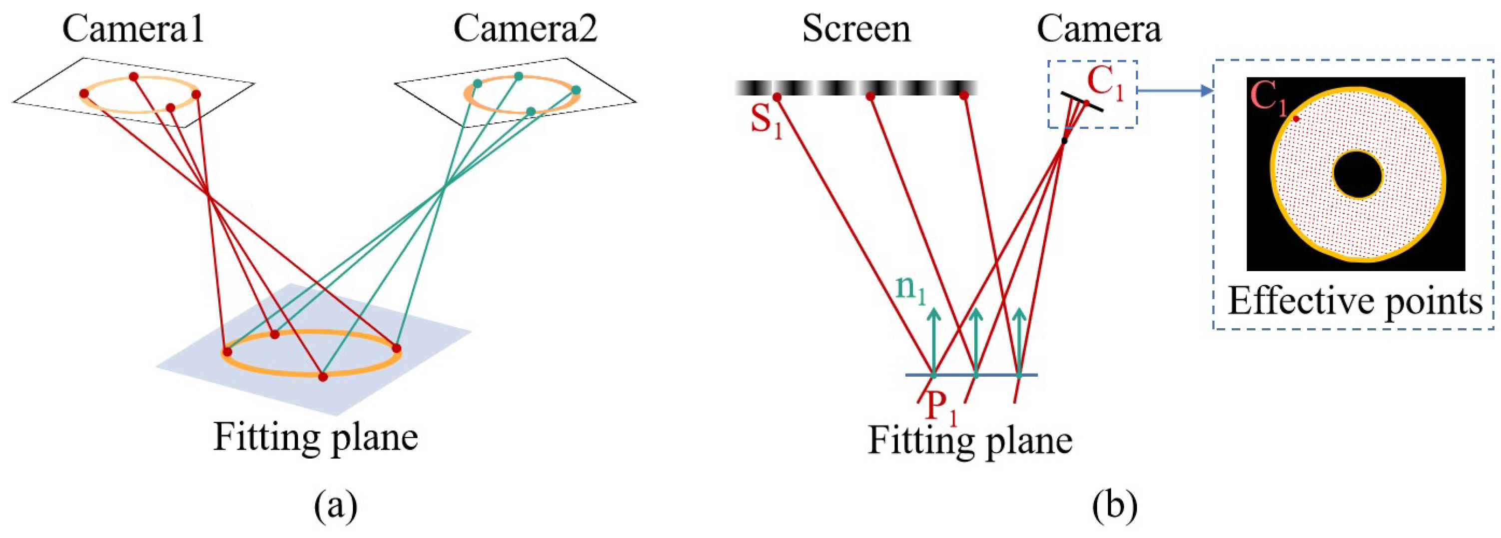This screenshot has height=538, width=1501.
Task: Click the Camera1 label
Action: (133, 28)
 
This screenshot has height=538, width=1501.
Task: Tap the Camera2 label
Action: (526, 28)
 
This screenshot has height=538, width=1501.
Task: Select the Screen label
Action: (856, 28)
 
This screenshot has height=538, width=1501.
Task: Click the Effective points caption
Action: (1355, 302)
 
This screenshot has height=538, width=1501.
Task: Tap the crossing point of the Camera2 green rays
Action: (445, 187)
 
